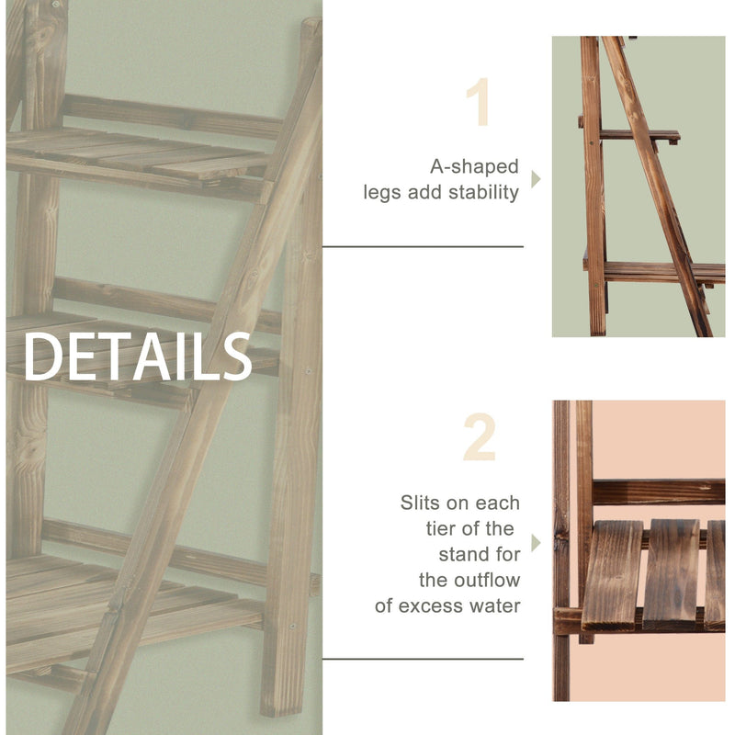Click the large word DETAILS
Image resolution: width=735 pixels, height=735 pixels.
click(x=138, y=357)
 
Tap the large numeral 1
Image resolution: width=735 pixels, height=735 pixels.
click(x=479, y=103)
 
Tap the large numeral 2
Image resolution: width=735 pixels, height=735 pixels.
click(x=479, y=438)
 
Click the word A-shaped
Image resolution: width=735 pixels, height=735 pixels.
click(x=474, y=167)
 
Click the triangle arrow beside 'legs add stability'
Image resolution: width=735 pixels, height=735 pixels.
click(x=537, y=179)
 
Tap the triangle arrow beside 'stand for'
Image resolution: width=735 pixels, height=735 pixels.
click(x=537, y=543)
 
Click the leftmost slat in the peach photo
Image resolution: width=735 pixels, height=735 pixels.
click(x=613, y=574)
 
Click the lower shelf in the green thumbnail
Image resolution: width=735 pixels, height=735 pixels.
click(x=661, y=270)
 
